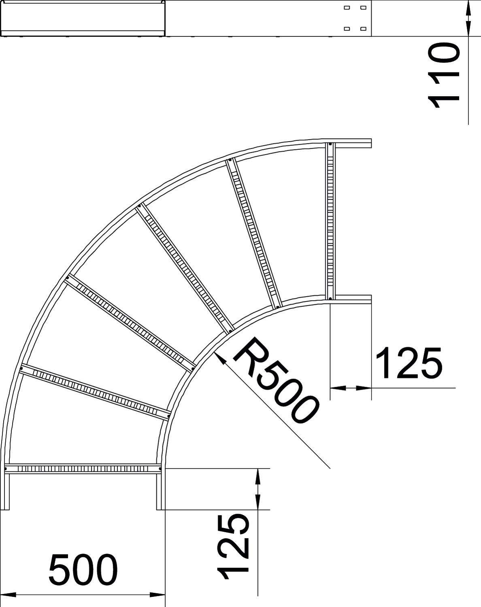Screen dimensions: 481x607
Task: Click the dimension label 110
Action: click(x=444, y=75)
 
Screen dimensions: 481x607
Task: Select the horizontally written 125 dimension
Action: click(x=409, y=363)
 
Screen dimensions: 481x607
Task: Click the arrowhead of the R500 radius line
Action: click(x=220, y=359)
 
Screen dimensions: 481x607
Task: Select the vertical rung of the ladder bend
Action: click(x=330, y=221)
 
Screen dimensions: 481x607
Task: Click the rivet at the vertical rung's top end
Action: click(x=330, y=144)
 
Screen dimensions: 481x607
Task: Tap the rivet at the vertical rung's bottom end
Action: click(x=330, y=298)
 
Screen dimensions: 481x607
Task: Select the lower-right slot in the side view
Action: click(x=363, y=28)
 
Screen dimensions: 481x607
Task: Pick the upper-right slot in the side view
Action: click(x=363, y=8)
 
